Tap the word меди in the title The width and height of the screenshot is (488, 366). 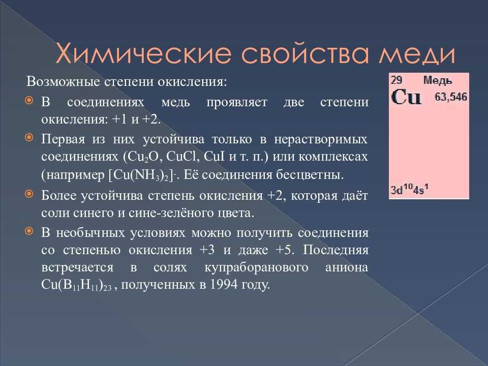coord(417,54)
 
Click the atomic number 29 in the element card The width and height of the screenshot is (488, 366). coord(396,80)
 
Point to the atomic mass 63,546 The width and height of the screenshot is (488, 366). coord(451,97)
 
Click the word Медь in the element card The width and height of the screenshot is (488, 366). coord(437,80)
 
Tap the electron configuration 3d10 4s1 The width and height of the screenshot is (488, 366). coord(410,189)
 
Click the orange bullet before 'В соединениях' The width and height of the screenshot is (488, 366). coord(29,100)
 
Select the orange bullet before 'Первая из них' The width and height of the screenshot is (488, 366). coord(29,137)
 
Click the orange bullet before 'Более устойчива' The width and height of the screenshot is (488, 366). coord(29,194)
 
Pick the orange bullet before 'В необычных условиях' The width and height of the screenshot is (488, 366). coord(29,231)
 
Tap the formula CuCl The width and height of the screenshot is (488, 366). coord(183,156)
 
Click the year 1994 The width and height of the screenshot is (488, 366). coord(224,284)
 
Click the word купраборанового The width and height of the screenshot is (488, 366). coord(256,268)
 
